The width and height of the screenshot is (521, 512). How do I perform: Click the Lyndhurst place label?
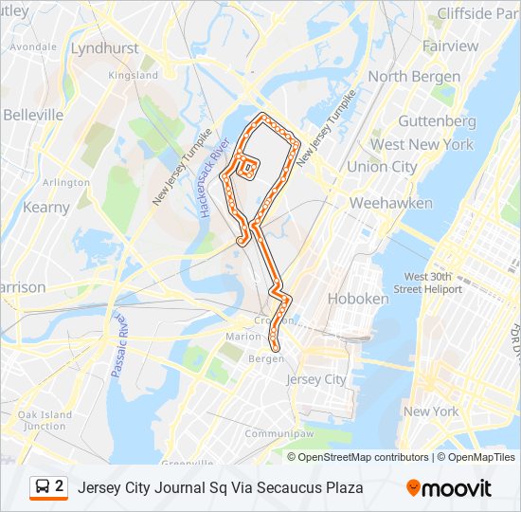click(x=104, y=47)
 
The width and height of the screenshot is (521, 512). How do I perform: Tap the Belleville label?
click(x=33, y=115)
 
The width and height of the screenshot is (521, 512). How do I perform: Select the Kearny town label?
click(x=46, y=207)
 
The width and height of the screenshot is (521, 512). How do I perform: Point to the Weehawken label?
click(x=391, y=203)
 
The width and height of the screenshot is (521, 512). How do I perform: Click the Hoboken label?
click(x=358, y=298)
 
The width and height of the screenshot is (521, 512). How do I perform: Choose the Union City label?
click(x=382, y=166)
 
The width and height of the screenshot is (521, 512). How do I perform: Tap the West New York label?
click(x=422, y=144)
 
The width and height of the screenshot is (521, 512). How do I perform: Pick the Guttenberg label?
click(x=437, y=121)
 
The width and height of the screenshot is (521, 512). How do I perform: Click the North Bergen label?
click(x=414, y=76)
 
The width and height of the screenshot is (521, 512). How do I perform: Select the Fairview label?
click(x=451, y=46)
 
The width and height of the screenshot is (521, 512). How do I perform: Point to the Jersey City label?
click(x=316, y=379)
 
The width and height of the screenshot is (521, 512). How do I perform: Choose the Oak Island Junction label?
click(x=45, y=420)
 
